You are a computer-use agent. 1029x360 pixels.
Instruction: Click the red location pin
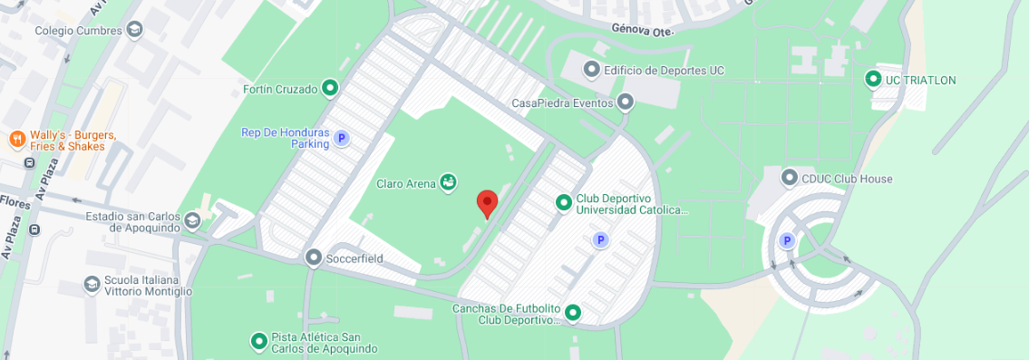pos(487,203)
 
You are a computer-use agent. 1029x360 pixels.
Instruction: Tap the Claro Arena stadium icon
pos(447,183)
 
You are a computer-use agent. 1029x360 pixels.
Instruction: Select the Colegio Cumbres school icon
pos(134,30)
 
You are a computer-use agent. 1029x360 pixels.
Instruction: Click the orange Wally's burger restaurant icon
pos(16,139)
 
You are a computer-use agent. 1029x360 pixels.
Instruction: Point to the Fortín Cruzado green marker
pos(330,88)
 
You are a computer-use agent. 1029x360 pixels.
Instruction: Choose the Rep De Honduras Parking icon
pos(341,138)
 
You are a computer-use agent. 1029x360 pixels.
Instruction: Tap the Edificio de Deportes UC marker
pos(591,69)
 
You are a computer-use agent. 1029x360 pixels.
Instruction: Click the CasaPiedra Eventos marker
pos(624,102)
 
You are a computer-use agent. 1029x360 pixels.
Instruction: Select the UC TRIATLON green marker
pos(873,79)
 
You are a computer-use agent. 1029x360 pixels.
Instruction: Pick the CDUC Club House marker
pos(789,178)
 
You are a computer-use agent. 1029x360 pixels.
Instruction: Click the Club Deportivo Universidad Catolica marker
pos(563,202)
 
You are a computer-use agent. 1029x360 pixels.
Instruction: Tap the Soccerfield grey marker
pos(314,258)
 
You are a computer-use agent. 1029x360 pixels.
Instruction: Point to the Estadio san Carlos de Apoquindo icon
pos(191,220)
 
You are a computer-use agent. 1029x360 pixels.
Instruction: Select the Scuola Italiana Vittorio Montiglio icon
pos(92,285)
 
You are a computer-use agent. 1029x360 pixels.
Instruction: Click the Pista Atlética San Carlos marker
pos(258,341)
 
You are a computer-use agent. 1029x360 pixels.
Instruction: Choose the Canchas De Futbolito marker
pos(572,313)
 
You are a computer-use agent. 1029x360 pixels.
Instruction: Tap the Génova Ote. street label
pos(643,28)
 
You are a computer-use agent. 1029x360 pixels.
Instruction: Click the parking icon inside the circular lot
pos(787,240)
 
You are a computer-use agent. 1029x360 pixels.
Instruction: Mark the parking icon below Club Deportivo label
pos(598,239)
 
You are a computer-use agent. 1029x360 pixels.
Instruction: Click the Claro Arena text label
pos(406,183)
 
